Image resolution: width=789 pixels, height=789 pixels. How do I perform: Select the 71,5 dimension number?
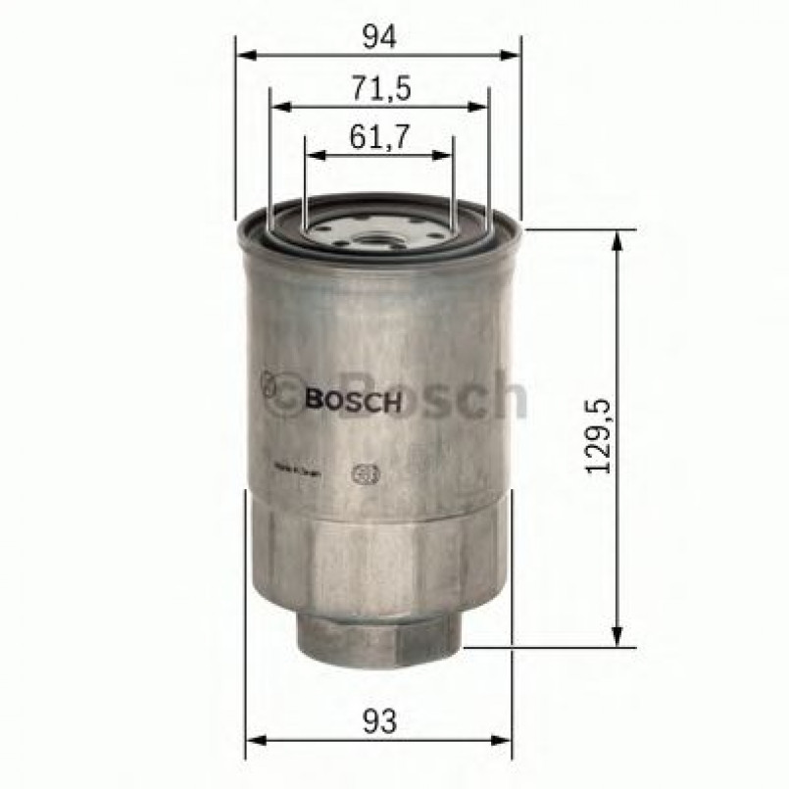coord(379,90)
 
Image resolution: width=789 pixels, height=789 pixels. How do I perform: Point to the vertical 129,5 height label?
coord(599,437)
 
